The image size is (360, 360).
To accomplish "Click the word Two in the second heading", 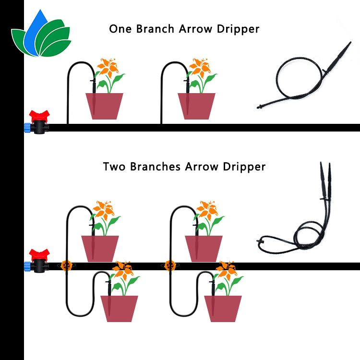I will click(114, 167).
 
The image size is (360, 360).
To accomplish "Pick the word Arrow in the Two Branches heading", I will click(201, 167).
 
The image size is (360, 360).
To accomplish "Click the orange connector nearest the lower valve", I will click(65, 264).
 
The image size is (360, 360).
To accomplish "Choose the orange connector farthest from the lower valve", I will click(169, 264).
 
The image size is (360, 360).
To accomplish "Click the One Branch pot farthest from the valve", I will click(196, 106).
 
